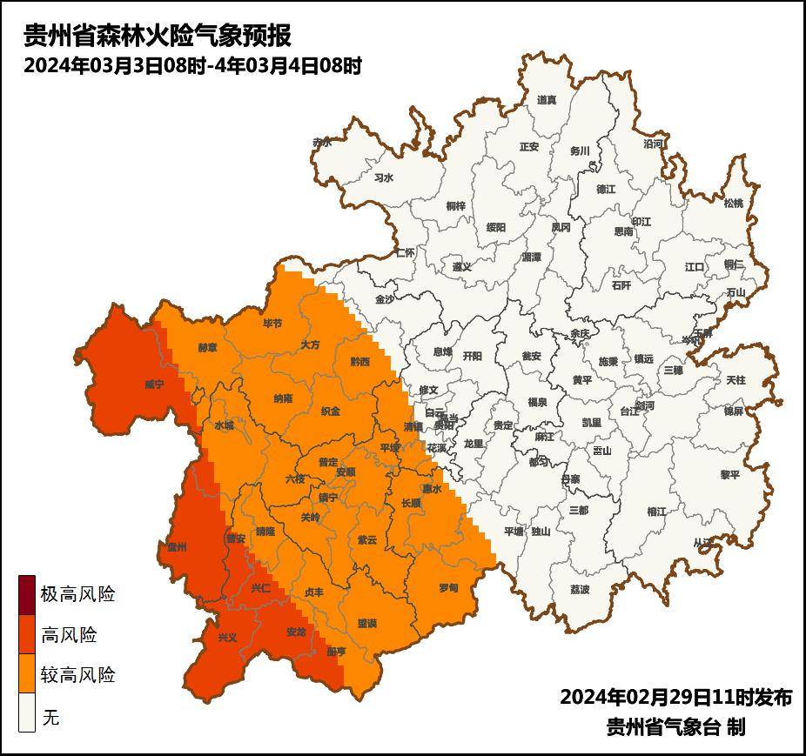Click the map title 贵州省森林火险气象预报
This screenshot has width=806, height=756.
[x=157, y=36]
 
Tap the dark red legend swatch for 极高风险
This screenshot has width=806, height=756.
[x=27, y=596]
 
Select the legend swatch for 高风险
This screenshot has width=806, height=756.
[x=27, y=636]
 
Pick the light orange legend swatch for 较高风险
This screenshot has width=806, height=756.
[x=27, y=675]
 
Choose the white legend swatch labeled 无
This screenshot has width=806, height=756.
[x=27, y=714]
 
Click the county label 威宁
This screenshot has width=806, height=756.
[x=154, y=384]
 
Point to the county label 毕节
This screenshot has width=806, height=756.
[x=272, y=324]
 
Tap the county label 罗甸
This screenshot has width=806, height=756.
[x=448, y=589]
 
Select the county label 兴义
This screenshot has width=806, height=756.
[x=227, y=637]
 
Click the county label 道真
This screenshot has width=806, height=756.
[x=547, y=100]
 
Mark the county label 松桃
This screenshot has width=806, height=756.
[x=734, y=204]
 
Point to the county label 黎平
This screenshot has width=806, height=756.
[x=729, y=475]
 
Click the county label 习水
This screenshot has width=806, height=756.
[x=384, y=177]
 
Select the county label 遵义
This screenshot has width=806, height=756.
[x=461, y=267]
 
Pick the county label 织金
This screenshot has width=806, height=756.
[x=331, y=411]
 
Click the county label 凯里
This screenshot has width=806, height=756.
[x=591, y=423]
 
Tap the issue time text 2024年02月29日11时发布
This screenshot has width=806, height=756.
[x=675, y=698]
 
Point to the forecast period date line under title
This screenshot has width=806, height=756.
[x=192, y=65]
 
